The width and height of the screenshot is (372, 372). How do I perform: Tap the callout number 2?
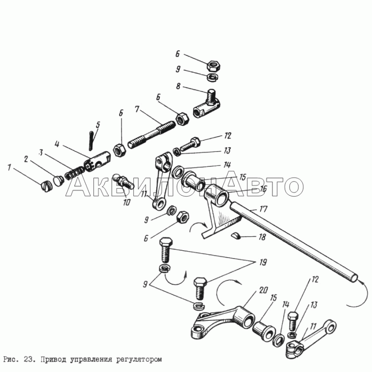[x=26, y=159]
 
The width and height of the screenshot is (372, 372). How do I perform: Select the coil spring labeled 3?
[x=74, y=173]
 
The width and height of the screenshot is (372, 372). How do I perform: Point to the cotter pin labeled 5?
[x=91, y=140]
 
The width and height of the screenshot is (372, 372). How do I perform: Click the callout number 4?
[x=57, y=144]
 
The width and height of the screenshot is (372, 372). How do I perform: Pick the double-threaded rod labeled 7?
[x=152, y=134]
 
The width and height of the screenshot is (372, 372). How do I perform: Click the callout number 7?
[x=137, y=109]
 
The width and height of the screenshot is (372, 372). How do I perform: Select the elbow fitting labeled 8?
[x=207, y=104]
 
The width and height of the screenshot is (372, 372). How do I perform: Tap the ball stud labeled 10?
[x=123, y=181]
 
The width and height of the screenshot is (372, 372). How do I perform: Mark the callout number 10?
[x=126, y=202]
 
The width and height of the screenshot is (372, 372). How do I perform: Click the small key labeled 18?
[x=236, y=236]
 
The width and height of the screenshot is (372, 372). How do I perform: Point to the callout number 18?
[x=262, y=237]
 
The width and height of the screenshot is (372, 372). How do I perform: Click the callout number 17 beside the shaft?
[x=264, y=209]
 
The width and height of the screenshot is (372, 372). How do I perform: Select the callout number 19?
[x=263, y=262]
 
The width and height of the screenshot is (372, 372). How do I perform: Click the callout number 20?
[x=264, y=290]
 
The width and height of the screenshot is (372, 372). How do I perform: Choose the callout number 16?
[x=263, y=189]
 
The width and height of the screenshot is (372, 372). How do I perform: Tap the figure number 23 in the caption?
[x=30, y=359]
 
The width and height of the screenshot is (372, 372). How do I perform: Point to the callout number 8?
[x=179, y=86]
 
